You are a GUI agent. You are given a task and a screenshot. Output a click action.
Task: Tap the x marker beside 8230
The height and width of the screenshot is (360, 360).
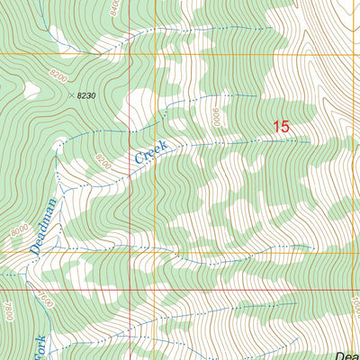click(70, 92)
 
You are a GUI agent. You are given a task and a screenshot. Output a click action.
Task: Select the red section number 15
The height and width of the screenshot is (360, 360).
click(281, 128)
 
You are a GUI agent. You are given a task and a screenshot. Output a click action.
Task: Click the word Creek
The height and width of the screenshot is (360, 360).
click(151, 151)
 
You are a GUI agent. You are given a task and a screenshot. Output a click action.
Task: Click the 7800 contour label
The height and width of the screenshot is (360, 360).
click(8, 310)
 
